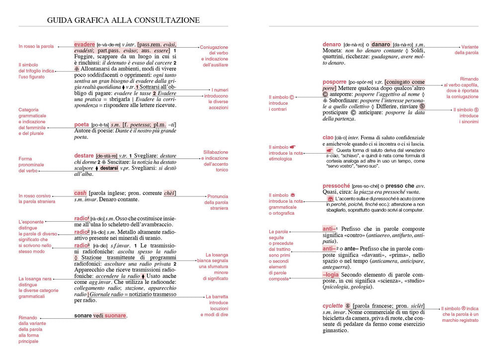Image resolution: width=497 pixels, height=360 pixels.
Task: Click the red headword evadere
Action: coord(84,44)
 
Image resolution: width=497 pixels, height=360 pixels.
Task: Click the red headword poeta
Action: coord(82,124)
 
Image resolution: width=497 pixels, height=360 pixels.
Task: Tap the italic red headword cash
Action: coord(80,193)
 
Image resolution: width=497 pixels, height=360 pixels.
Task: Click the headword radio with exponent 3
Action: coord(82,245)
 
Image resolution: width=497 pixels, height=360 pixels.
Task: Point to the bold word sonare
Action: coord(83,315)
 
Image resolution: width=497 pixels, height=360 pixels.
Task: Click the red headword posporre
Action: coord(334,82)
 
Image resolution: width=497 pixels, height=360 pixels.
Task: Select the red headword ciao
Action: coord(328,137)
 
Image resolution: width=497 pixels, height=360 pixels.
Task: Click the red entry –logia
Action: coord(331,274)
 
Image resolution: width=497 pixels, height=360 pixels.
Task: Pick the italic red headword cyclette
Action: coord(332,306)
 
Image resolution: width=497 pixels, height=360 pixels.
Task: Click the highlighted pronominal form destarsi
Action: coord(109,169)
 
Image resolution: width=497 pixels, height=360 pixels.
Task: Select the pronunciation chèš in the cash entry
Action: coord(169,193)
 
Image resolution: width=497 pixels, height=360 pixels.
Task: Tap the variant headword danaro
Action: coord(381,44)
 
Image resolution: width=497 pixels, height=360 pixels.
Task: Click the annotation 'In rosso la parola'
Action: coord(36,46)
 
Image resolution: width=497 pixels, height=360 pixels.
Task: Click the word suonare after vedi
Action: coord(115,315)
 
